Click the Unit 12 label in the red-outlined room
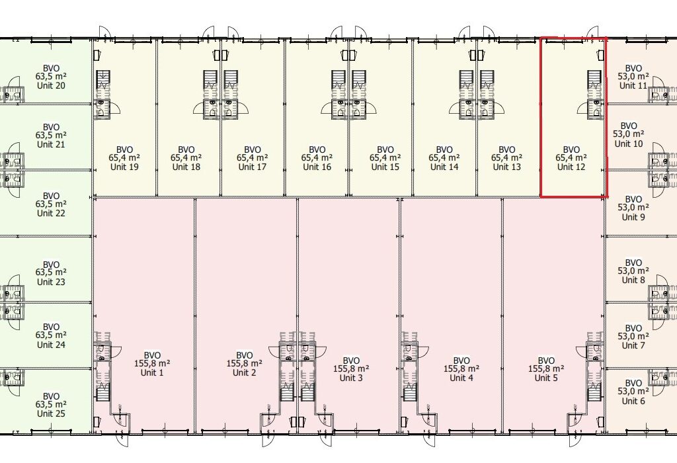pyautogui.click(x=571, y=167)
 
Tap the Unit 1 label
pyautogui.click(x=152, y=372)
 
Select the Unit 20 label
pyautogui.click(x=51, y=85)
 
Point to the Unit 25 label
pyautogui.click(x=51, y=413)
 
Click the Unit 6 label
pyautogui.click(x=633, y=401)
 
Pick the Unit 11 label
pyautogui.click(x=633, y=85)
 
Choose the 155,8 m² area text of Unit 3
pyautogui.click(x=351, y=369)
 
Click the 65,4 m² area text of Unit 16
pyautogui.click(x=317, y=158)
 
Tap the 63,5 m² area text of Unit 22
pyautogui.click(x=51, y=204)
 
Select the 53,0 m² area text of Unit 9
pyautogui.click(x=633, y=208)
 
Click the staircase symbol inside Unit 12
pyautogui.click(x=594, y=80)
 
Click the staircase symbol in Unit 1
pyautogui.click(x=102, y=395)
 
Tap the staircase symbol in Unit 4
pyautogui.click(x=409, y=395)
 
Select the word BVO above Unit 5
pyautogui.click(x=546, y=360)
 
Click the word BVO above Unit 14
pyautogui.click(x=444, y=150)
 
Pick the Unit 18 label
pyautogui.click(x=186, y=167)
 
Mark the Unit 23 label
pyautogui.click(x=51, y=282)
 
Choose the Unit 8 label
pyautogui.click(x=633, y=279)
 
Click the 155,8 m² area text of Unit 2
pyautogui.click(x=245, y=364)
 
